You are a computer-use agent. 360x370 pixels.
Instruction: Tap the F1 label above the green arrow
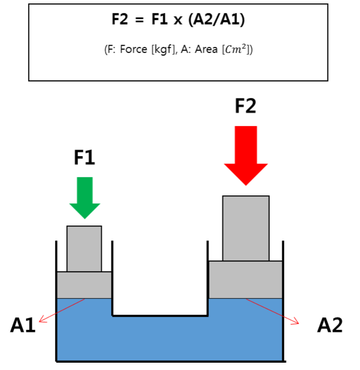click(84, 158)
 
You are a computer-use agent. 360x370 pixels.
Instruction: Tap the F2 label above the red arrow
click(245, 106)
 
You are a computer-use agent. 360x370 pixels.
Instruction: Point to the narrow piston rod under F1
click(84, 249)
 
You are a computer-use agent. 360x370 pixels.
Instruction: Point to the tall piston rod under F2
click(246, 228)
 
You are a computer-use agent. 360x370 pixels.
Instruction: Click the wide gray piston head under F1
click(84, 285)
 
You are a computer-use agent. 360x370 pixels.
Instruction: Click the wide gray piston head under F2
click(246, 279)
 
